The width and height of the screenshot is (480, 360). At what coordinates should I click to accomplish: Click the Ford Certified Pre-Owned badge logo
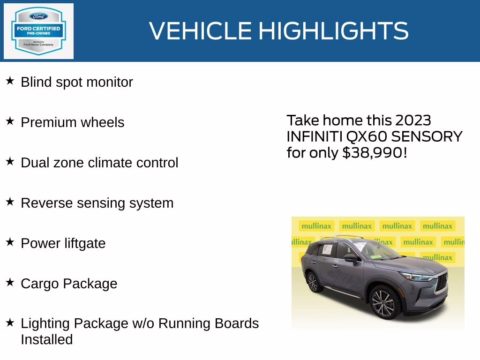point(38,31)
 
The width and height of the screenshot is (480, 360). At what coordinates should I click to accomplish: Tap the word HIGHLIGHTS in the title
point(333,31)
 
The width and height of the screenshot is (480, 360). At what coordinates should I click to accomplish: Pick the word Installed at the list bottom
point(46,339)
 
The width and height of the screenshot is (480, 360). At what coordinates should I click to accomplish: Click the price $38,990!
point(375,153)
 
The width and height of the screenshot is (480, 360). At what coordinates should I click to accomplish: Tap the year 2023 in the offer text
point(412,120)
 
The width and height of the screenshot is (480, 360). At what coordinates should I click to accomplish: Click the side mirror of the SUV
point(350,258)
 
